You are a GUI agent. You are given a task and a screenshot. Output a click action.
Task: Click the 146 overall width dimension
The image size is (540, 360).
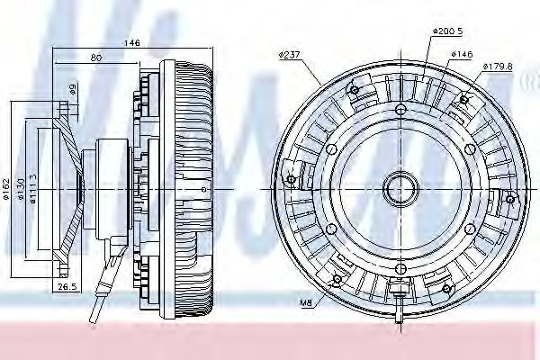tap(132, 41)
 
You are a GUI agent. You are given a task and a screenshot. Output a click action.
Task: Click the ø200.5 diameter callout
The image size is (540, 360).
tap(446, 31)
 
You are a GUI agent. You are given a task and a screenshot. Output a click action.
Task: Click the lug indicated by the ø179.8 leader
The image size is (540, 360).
tap(465, 98)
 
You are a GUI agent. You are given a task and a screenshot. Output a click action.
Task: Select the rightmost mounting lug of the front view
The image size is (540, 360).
tap(511, 198)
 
